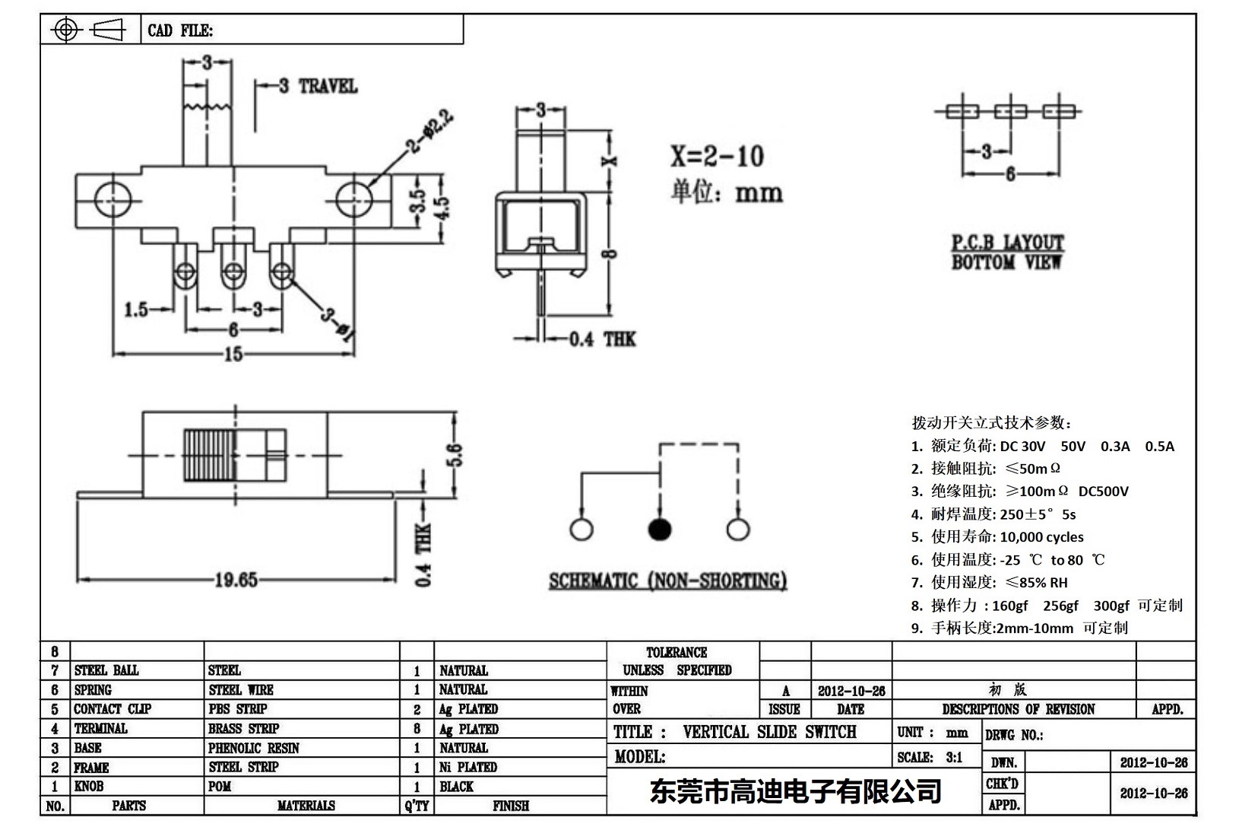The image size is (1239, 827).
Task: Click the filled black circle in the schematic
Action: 659,530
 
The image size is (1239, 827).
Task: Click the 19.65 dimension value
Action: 236,580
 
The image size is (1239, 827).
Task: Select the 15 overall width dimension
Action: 233,354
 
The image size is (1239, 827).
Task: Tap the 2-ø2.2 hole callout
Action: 431,131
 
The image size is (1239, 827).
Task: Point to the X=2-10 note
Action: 716,157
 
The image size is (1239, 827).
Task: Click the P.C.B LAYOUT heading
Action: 1007,243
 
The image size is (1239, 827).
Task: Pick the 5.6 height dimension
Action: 454,456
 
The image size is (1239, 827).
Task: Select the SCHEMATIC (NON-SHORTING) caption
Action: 667,581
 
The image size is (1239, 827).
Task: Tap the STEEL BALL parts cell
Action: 106,670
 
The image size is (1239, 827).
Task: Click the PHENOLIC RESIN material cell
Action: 254,748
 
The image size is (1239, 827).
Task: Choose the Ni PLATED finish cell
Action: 468,767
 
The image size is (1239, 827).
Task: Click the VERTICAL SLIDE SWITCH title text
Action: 769,732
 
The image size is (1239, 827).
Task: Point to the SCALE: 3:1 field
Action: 930,757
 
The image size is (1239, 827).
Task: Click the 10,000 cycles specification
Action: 1041,537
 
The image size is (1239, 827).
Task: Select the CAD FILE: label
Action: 180,30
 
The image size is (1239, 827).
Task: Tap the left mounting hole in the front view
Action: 112,200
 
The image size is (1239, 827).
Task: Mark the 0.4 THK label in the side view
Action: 602,339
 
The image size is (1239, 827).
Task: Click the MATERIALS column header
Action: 306,806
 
